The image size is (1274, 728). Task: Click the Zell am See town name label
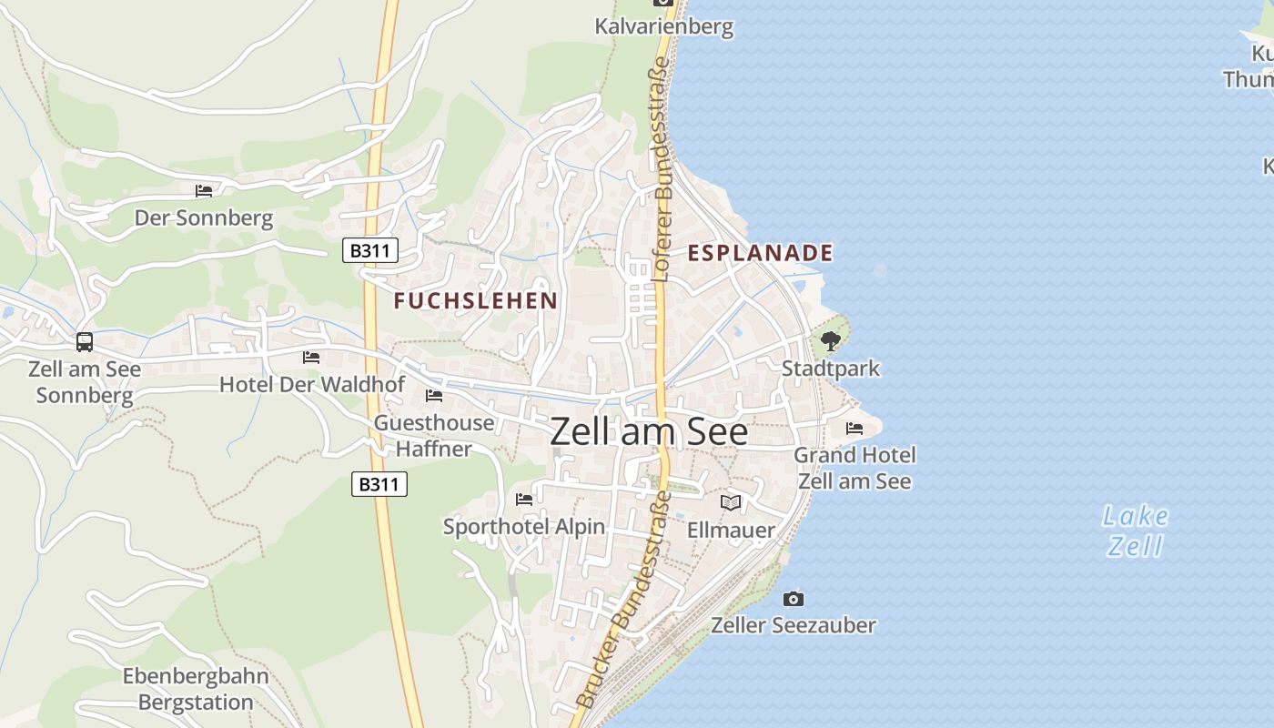point(649,431)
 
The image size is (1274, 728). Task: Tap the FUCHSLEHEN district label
point(475,301)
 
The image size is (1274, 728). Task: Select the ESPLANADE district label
point(760,253)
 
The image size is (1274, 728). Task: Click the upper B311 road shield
point(370,250)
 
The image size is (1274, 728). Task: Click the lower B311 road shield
point(379,484)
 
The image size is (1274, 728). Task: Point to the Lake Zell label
point(1135,531)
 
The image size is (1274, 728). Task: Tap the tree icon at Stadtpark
point(830,342)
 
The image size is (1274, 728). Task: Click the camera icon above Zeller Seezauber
point(794,599)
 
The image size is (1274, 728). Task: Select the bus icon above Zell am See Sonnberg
point(85,342)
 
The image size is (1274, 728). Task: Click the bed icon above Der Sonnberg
point(204,191)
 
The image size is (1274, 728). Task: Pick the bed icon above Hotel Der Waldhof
point(311,358)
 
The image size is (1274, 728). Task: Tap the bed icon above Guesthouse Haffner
point(434,396)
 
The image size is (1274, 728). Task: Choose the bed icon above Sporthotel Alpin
point(524,500)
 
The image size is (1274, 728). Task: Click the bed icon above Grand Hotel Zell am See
point(854,429)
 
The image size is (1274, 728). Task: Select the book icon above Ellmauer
point(731,502)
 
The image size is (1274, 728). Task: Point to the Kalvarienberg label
point(663,26)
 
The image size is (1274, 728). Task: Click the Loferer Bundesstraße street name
point(662,169)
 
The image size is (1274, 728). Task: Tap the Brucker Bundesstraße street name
point(625,601)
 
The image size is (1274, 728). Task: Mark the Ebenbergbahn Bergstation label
point(196,689)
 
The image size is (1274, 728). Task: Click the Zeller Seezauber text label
point(793,625)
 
